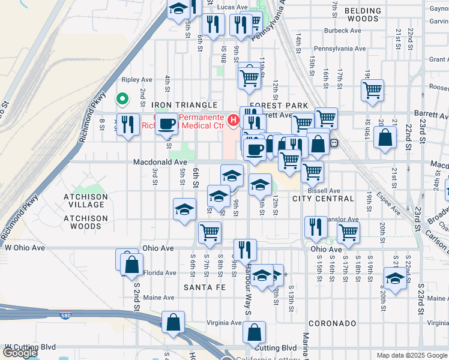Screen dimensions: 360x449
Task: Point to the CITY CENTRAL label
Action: tap(323, 199)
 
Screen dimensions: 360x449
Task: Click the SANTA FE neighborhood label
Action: tap(205, 288)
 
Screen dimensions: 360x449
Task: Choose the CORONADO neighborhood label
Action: tap(333, 323)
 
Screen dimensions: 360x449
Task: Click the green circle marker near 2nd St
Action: tap(122, 98)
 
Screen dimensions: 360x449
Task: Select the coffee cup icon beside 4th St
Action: tap(167, 124)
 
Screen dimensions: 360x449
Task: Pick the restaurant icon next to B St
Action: tap(127, 124)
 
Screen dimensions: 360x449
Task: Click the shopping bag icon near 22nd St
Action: tap(385, 137)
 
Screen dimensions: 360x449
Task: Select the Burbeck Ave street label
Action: tap(342, 31)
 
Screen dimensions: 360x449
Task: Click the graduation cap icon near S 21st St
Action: tap(395, 279)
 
